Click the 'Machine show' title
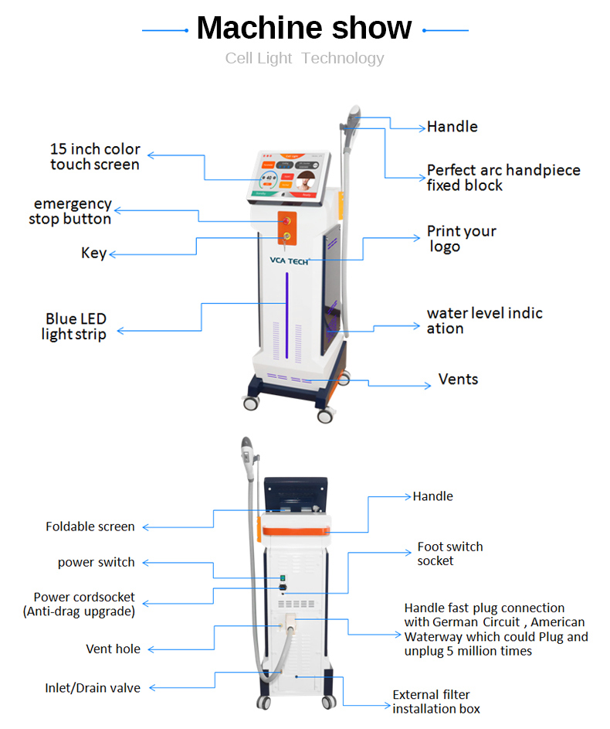point(304,29)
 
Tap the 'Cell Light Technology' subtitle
point(304,58)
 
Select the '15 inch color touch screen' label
point(95,157)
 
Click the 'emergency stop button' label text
point(71,212)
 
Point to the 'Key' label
point(93,254)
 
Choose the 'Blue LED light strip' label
point(75,326)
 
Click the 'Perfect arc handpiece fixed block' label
point(503,178)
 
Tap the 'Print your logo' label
point(461,239)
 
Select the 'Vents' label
point(458,380)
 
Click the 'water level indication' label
point(484,321)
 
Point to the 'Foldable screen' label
point(90,527)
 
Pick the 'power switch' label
point(96,563)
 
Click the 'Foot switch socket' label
point(449,554)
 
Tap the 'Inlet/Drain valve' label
point(92,688)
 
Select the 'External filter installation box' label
point(435,702)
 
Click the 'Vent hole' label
point(113,649)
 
